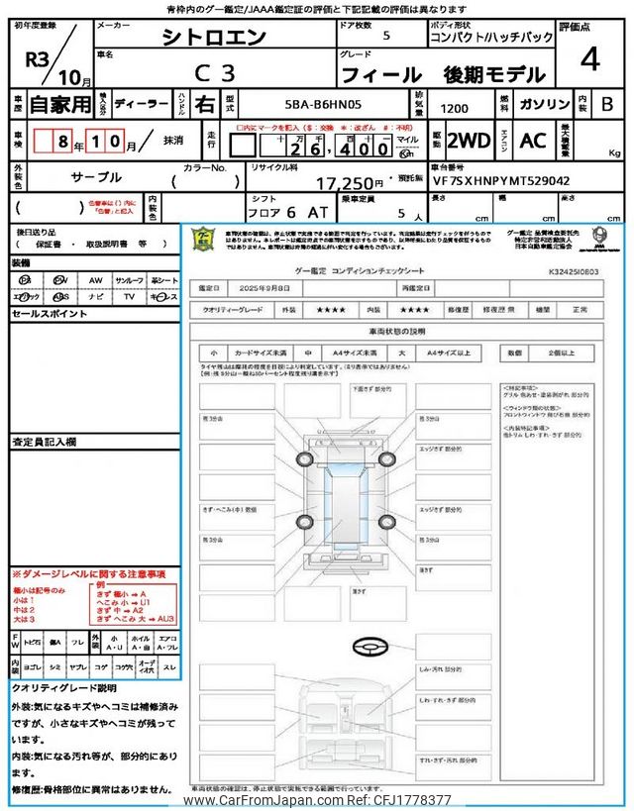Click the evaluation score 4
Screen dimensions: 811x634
(590, 59)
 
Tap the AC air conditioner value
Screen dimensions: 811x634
(534, 140)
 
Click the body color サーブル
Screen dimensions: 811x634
(96, 177)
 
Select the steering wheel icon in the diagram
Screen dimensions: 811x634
(368, 648)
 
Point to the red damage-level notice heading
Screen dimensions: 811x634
(88, 574)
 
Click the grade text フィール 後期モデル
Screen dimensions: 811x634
(443, 74)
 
